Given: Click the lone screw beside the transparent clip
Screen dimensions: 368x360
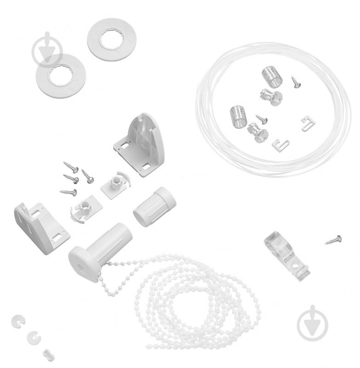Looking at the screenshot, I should pos(333,239).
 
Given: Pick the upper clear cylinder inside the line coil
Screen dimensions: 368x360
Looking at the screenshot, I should pos(271,75).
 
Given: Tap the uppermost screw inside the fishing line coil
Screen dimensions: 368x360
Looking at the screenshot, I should pos(295,82).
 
